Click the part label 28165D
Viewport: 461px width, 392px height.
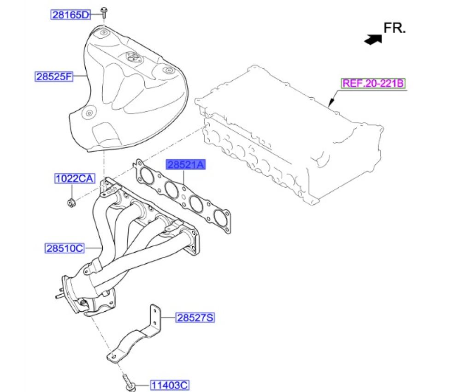pos(71,15)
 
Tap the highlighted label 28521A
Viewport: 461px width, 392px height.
pos(184,165)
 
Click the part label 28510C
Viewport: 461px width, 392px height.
pos(65,249)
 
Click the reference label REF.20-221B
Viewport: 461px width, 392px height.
pos(373,83)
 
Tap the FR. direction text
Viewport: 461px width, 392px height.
pos(395,29)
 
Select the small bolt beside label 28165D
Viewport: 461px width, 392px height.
pos(105,15)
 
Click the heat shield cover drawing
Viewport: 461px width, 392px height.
pos(124,92)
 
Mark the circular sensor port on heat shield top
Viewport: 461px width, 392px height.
pos(132,58)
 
